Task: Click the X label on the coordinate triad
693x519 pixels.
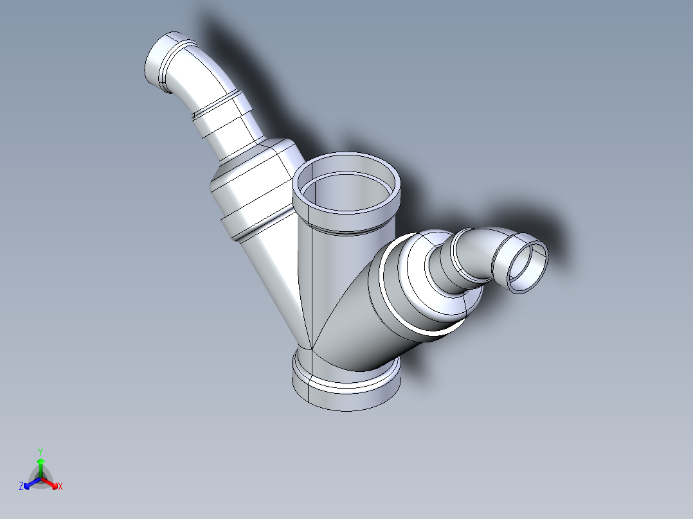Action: [x=60, y=487]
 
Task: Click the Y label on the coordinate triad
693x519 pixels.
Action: [x=40, y=452]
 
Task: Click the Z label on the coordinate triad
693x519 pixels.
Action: [x=21, y=487]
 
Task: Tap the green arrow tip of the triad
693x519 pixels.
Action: [x=40, y=461]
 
